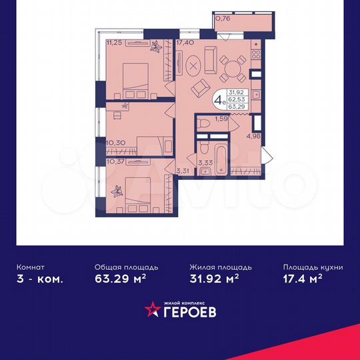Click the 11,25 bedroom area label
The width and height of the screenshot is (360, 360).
tap(113, 42)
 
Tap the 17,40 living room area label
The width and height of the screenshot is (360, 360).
tap(185, 42)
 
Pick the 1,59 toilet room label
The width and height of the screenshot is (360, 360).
tap(222, 119)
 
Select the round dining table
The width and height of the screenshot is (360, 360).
tap(233, 67)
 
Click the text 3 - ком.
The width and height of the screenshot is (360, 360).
tap(41, 279)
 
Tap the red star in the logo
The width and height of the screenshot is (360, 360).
tap(153, 309)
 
